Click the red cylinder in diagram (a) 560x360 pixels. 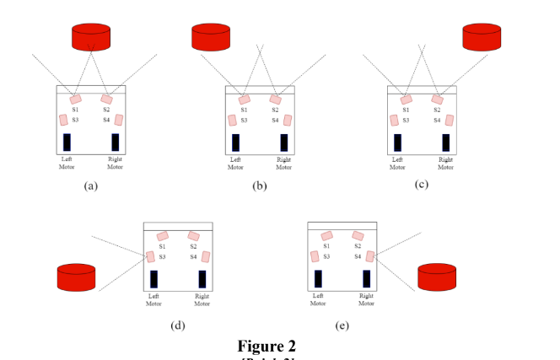tap(91, 37)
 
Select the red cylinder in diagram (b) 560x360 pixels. tap(210, 37)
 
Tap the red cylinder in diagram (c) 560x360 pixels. tap(482, 37)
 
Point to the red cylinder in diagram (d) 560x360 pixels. tap(77, 277)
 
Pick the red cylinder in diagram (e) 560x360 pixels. tap(437, 277)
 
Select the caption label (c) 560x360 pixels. tap(422, 185)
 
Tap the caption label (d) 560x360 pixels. tap(177, 324)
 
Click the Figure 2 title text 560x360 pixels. tap(267, 346)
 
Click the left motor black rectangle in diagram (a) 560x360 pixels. tap(67, 142)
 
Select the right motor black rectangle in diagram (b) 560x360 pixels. tap(284, 142)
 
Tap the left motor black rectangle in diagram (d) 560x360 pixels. tap(153, 279)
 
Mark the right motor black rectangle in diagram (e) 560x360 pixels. tap(367, 279)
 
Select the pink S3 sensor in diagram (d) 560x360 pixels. tap(151, 256)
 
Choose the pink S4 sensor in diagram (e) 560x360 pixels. tap(370, 256)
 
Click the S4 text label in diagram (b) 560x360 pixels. tap(275, 121)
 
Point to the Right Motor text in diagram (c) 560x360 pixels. tap(446, 163)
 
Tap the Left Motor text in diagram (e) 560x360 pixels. tap(318, 299)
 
